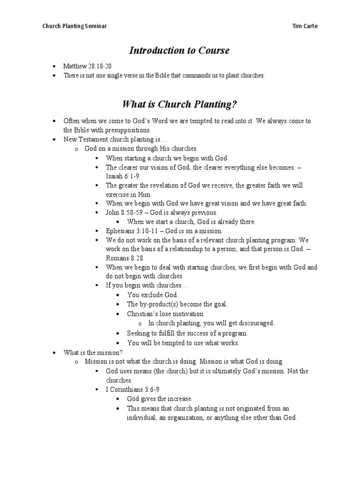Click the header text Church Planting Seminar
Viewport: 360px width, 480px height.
75,26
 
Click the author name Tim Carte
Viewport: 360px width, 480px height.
305,26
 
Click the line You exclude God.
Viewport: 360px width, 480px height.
153,295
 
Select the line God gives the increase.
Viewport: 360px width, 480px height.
160,399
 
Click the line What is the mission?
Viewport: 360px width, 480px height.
93,352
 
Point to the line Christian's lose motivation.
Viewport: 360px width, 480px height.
166,314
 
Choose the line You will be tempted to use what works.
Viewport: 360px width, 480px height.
183,343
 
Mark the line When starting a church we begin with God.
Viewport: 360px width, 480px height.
167,158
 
